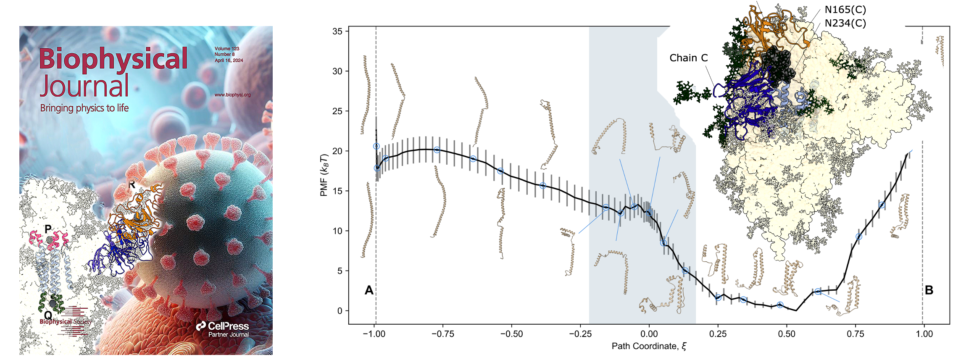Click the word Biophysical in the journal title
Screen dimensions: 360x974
click(113, 59)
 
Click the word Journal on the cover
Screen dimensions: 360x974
click(84, 86)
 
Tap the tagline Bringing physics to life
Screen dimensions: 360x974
click(84, 108)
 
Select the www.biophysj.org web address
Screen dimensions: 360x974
click(232, 95)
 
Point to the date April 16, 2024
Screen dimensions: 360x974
click(229, 60)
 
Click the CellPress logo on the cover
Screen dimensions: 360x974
click(223, 326)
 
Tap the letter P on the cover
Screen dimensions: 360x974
click(48, 229)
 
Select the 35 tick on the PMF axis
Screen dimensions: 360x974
click(337, 32)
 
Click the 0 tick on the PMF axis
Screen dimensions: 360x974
click(340, 311)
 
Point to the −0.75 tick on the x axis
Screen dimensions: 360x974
click(442, 334)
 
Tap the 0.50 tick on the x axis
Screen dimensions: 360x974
click(787, 334)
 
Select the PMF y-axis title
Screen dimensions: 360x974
click(324, 175)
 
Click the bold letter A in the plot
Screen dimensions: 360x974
click(369, 290)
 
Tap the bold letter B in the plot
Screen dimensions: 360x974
click(929, 290)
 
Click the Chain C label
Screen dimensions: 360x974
click(688, 58)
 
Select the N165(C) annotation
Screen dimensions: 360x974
click(845, 10)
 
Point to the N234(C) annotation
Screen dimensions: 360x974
click(845, 23)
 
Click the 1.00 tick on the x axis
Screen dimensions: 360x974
click(924, 334)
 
